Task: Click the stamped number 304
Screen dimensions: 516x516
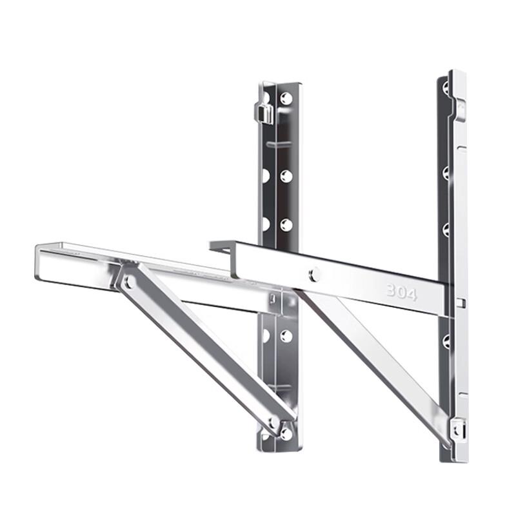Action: (x=401, y=292)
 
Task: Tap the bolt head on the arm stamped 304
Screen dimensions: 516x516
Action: (x=314, y=274)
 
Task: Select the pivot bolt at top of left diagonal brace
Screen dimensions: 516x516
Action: (x=128, y=281)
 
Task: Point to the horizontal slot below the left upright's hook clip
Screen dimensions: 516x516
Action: (x=277, y=144)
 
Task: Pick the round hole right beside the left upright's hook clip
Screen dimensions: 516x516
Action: (x=286, y=98)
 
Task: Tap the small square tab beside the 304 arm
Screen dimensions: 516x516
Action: (x=459, y=302)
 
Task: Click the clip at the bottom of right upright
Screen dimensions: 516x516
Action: (x=458, y=428)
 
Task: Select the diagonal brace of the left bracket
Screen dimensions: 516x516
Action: (x=200, y=348)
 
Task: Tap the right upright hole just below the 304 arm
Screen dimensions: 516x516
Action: (x=446, y=341)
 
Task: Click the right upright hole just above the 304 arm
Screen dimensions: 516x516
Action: (x=446, y=229)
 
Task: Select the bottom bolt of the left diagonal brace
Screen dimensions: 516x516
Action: (x=275, y=423)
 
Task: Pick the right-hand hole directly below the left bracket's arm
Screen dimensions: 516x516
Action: (x=286, y=336)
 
